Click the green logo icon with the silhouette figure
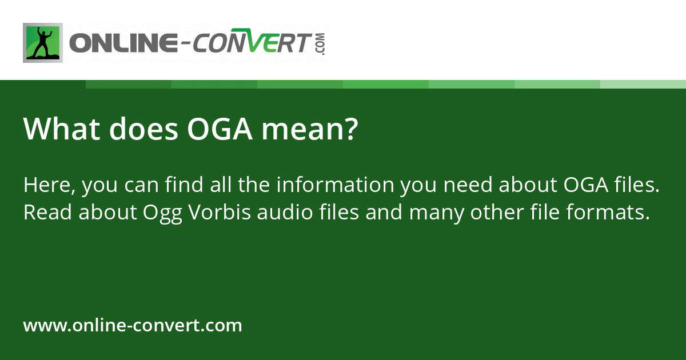43,42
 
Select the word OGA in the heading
220,130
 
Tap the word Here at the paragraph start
50,185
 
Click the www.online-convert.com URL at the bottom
133,326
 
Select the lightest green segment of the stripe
643,84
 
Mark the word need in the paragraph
466,185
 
